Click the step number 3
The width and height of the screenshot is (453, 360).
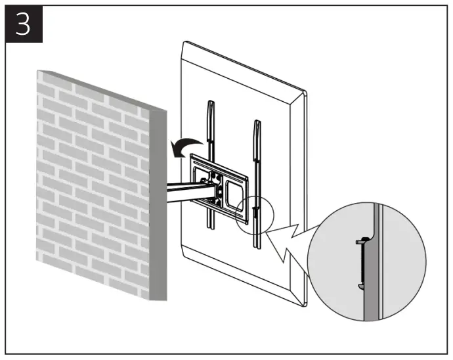point(24,24)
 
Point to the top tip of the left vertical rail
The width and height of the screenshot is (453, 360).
point(209,102)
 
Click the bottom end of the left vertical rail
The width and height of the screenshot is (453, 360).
point(209,227)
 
